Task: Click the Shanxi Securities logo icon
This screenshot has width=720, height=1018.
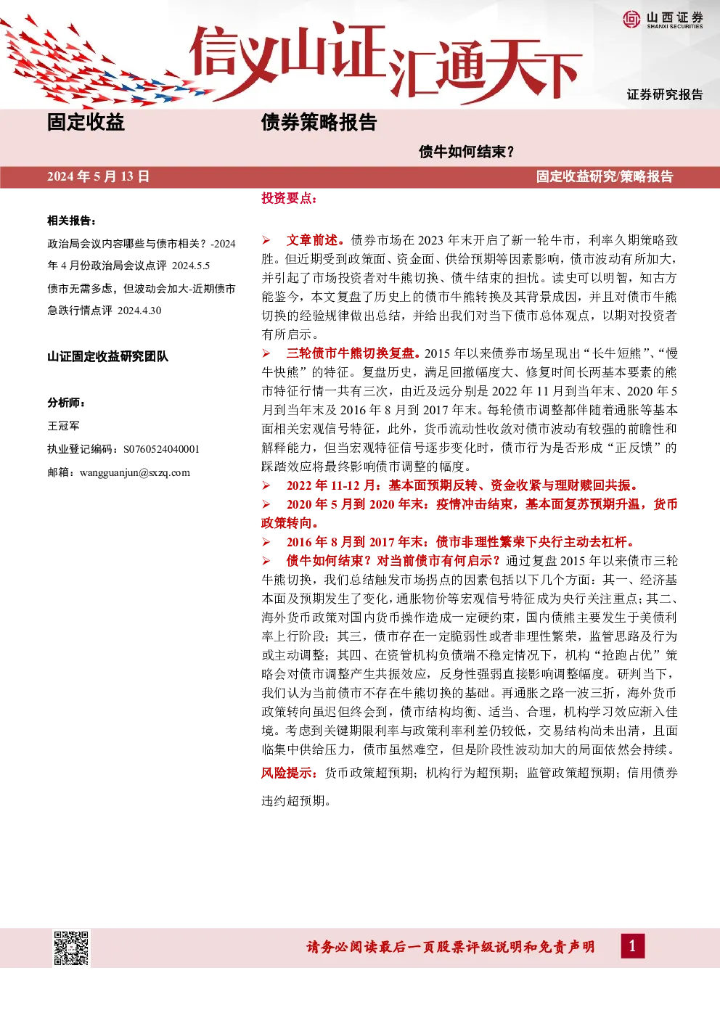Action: pos(631,19)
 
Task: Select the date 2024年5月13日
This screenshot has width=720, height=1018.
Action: pos(98,176)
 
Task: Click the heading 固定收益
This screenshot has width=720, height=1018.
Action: pos(86,122)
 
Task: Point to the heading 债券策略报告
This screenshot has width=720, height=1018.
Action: pos(319,122)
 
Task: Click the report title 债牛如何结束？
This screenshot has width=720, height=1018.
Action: pos(467,152)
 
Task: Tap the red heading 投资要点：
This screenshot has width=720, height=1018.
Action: pos(289,198)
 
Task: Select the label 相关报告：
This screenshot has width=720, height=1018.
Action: pos(72,221)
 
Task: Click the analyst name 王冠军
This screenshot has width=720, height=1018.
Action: pos(64,426)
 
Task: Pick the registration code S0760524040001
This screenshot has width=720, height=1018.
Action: pos(161,449)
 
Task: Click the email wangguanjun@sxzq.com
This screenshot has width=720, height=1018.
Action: pos(135,472)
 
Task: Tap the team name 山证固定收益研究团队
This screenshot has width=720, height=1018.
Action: pos(107,356)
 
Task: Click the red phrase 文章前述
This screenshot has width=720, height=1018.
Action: pos(312,240)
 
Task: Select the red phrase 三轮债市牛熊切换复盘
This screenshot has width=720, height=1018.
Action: pos(350,353)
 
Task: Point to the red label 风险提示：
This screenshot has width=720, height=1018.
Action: pos(289,773)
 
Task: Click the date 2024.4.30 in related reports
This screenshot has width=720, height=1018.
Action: pos(139,311)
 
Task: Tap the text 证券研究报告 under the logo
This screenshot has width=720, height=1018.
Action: pos(665,94)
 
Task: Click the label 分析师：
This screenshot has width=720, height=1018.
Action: pos(66,403)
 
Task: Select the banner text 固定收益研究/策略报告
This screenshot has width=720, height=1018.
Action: pos(605,176)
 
